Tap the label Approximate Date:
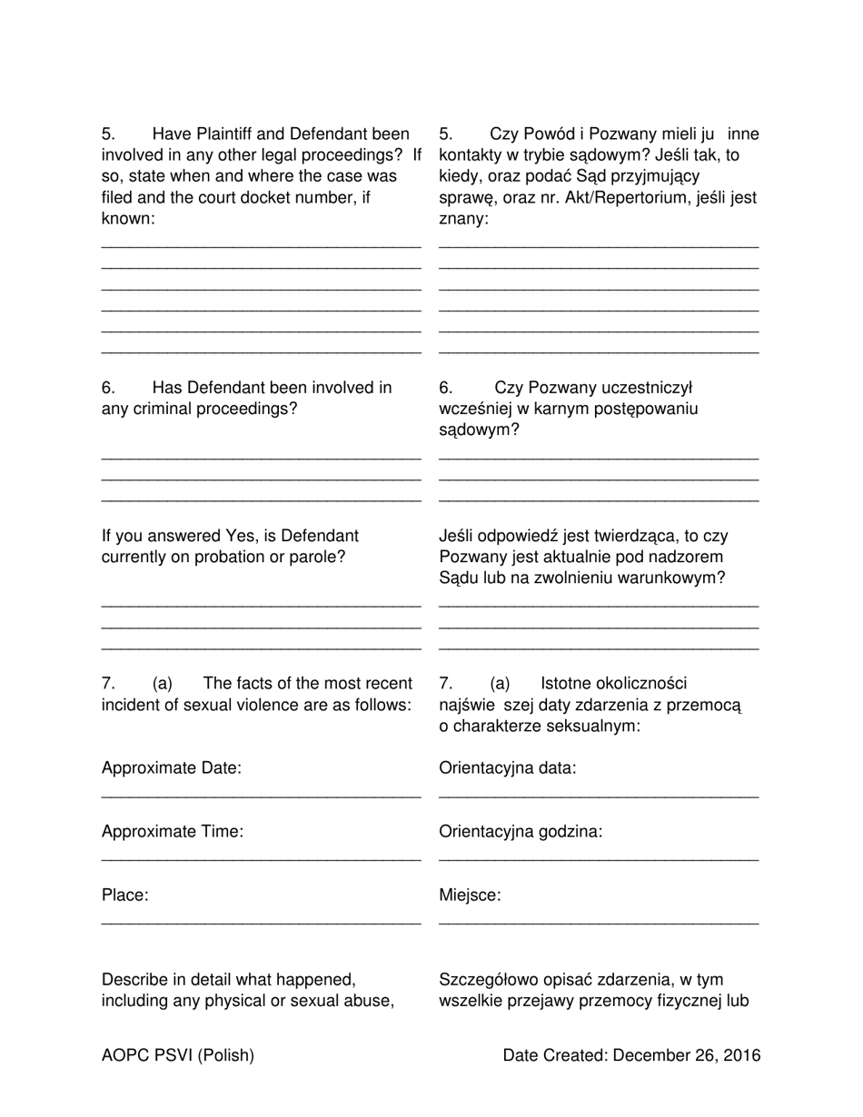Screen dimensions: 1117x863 tap(172, 768)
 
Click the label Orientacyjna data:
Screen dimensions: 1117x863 tap(507, 768)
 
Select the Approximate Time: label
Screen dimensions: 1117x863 tap(173, 832)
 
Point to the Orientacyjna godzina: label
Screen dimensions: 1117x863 tap(520, 832)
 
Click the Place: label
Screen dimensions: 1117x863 tap(125, 895)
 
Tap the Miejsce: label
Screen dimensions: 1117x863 tap(470, 895)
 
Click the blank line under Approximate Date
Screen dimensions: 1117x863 tap(261, 797)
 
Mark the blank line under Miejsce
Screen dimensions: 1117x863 tap(598, 924)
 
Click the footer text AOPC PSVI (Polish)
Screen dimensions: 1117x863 tap(178, 1055)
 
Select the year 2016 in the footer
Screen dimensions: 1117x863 tap(742, 1055)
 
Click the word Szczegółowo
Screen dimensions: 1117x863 tap(489, 980)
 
